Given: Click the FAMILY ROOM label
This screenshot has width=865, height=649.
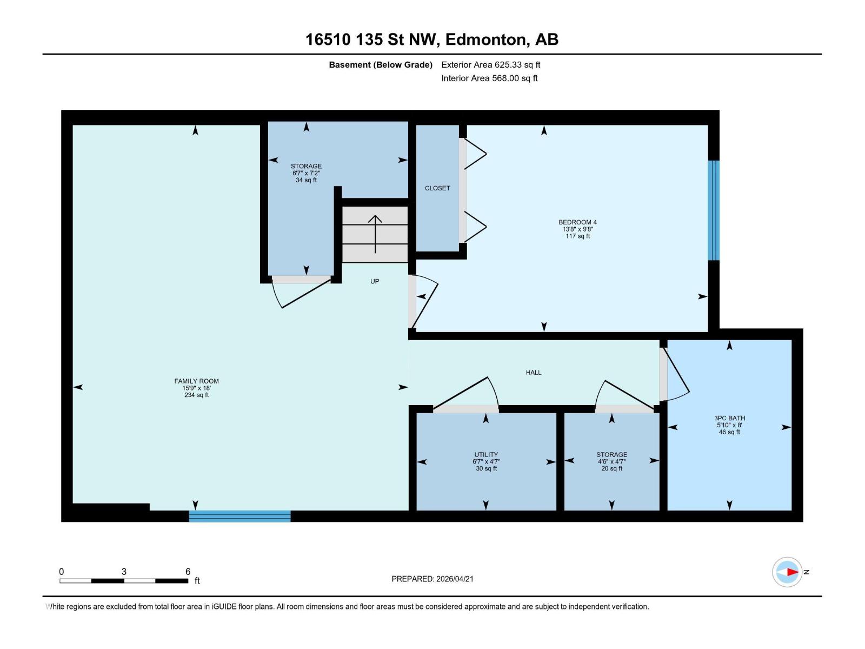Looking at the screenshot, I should [196, 381].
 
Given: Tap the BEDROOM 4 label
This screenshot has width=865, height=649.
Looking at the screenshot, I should [577, 222].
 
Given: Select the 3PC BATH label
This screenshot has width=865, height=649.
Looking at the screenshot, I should [729, 418].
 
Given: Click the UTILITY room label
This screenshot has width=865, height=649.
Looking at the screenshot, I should [486, 455].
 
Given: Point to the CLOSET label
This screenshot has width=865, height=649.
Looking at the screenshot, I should [437, 188].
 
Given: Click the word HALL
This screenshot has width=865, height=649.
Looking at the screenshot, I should [533, 373].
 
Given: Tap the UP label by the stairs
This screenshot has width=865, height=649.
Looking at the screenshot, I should [375, 281].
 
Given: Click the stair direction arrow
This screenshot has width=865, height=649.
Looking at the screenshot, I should [375, 233].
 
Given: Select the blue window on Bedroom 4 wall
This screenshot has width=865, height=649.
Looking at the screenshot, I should [714, 210].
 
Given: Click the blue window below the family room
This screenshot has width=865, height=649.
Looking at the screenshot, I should [239, 516].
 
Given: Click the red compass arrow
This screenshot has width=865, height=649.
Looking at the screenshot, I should [791, 572].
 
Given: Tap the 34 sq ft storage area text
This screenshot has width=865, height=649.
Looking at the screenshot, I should [306, 180].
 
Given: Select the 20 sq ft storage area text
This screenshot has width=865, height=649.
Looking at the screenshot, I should [611, 468].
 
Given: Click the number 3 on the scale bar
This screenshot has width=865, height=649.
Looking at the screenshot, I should [124, 572].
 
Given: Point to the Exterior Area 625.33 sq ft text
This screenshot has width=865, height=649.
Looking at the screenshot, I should [490, 65].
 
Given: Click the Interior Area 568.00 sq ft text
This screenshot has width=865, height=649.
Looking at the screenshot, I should [489, 78].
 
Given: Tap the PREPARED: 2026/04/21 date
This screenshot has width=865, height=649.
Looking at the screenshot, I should [432, 579].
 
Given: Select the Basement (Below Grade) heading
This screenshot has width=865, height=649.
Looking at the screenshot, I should [381, 65].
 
